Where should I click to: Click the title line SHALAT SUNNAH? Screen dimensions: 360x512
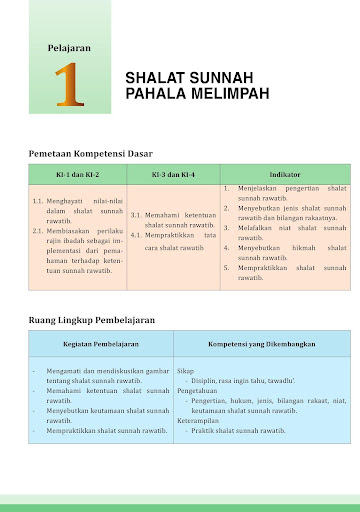coord(189,77)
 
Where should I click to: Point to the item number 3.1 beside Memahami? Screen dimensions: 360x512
coord(138,215)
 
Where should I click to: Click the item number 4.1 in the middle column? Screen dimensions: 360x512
coord(138,234)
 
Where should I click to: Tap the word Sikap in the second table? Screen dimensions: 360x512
coord(186,370)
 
